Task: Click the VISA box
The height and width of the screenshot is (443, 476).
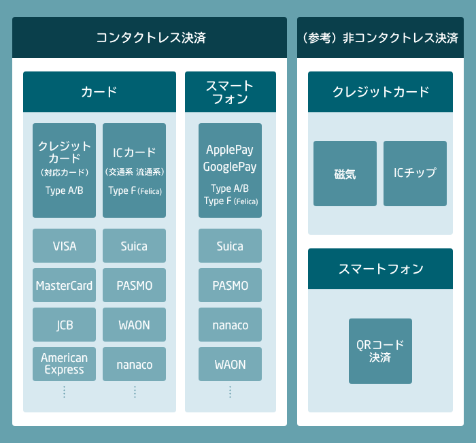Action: [x=65, y=246]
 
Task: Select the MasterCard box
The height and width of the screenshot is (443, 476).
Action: [x=65, y=285]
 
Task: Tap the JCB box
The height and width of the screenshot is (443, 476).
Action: [x=65, y=325]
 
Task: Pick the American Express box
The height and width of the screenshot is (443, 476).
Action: [x=65, y=364]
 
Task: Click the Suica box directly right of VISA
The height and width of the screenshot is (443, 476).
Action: [x=134, y=246]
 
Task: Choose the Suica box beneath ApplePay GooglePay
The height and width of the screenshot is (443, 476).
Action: [x=230, y=246]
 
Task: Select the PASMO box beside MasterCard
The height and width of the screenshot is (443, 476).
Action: [x=134, y=285]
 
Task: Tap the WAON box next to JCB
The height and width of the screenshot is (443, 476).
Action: [x=134, y=325]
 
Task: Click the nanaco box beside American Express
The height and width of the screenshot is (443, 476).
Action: [x=134, y=364]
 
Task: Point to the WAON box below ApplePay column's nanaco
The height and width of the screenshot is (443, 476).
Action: [x=230, y=364]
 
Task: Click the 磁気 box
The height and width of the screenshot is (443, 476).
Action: [x=345, y=174]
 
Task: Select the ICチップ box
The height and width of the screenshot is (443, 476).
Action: [x=415, y=174]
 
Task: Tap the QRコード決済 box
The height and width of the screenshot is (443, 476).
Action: [x=380, y=351]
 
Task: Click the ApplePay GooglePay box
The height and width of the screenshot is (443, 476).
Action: [x=230, y=170]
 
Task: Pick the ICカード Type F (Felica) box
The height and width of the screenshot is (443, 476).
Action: [x=134, y=170]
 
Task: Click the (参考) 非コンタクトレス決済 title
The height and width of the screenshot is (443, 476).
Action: [x=380, y=37]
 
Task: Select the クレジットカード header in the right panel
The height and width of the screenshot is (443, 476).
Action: [x=380, y=92]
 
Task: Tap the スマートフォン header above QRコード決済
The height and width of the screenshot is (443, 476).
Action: [x=380, y=269]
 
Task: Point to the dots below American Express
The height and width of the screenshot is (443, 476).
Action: [x=64, y=392]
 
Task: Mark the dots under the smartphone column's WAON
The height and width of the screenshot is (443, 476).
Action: [x=230, y=392]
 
